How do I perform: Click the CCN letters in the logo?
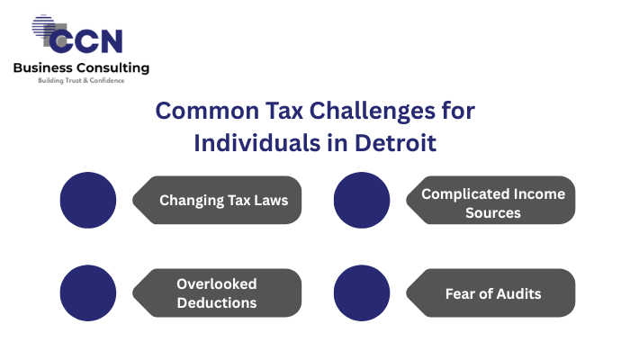86,41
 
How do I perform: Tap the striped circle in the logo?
43,26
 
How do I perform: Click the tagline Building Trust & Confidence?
81,80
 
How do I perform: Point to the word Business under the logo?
43,67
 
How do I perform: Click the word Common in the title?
207,111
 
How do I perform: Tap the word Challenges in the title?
372,111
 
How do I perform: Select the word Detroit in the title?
395,143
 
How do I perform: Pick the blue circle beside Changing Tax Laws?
88,200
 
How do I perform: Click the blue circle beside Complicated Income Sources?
362,200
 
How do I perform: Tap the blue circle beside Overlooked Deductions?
88,292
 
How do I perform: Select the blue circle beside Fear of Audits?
362,292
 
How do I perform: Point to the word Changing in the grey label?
191,201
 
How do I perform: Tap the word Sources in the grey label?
493,213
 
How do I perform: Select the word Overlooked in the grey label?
217,284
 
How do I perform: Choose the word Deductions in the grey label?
217,303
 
